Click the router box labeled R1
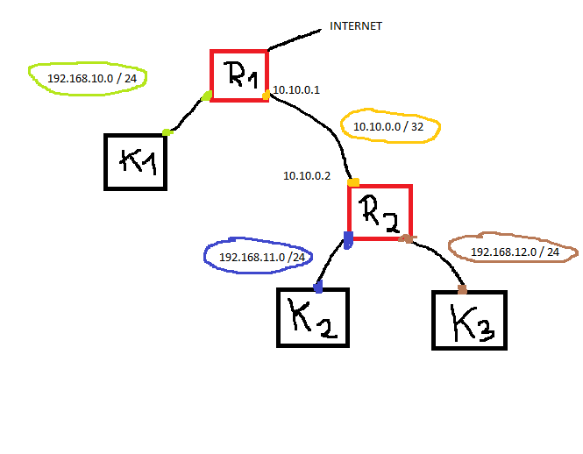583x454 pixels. pos(239,74)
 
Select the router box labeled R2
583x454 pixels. pos(380,211)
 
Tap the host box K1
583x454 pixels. pos(136,161)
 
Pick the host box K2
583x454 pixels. pos(313,318)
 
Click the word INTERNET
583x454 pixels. pos(355,26)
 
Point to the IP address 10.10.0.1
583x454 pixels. pos(296,90)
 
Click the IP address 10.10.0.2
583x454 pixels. pos(306,175)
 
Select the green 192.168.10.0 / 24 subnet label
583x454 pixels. pos(86,78)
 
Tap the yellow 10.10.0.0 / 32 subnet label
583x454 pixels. pos(388,127)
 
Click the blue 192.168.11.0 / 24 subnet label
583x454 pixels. pos(261,257)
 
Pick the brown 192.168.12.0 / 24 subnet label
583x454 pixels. pos(515,252)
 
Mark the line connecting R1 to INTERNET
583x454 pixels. pos(295,39)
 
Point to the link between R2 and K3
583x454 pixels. pos(440,259)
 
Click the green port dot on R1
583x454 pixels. pos(207,96)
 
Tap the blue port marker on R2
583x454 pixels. pos(348,238)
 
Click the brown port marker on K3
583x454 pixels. pos(462,289)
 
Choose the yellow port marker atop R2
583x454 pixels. pos(353,182)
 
